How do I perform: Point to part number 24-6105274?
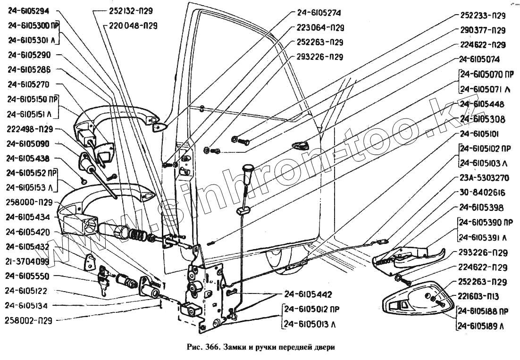click(319, 13)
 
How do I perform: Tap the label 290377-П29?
click(482, 30)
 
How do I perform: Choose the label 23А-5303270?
click(483, 178)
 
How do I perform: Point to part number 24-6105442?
click(308, 294)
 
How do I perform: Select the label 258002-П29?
click(29, 320)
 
